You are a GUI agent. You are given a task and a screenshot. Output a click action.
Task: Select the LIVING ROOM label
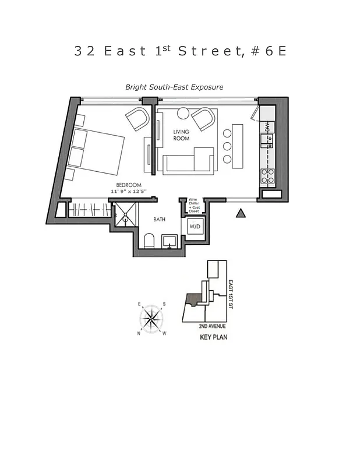[181, 135]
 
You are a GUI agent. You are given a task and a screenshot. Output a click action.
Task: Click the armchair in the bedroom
[139, 119]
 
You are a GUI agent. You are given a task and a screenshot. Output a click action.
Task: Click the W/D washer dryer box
[195, 226]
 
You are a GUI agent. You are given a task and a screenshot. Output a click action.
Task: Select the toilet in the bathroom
[148, 241]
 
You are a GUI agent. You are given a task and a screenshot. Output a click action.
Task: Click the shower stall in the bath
[123, 214]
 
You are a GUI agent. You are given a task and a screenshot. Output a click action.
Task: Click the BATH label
[160, 220]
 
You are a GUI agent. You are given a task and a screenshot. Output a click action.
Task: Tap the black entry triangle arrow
[240, 214]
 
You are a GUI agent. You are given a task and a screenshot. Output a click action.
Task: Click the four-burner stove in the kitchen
[267, 175]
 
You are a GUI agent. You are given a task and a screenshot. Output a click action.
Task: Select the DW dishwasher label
[267, 126]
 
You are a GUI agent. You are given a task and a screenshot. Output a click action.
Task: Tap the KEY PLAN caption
[213, 337]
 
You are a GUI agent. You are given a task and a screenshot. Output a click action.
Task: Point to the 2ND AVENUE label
[212, 326]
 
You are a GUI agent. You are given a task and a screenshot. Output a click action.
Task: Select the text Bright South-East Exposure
[174, 87]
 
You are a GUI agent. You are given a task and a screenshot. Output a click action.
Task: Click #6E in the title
[268, 51]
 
